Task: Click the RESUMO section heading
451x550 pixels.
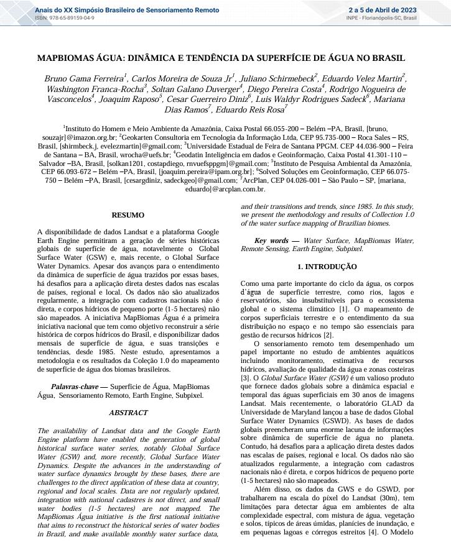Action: (x=127, y=215)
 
